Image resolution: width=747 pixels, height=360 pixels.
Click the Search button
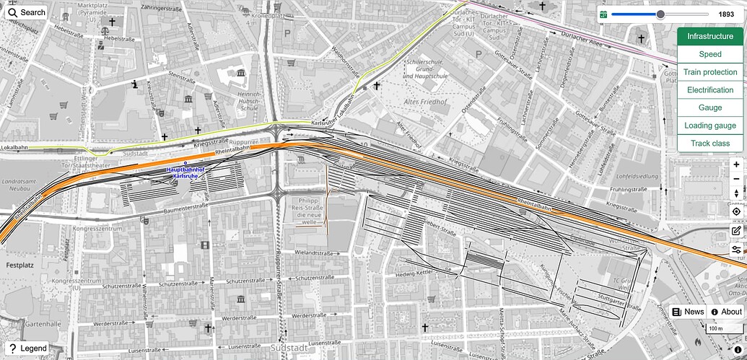(27, 12)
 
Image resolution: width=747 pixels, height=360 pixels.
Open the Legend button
(28, 348)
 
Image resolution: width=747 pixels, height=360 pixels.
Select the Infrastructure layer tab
(710, 36)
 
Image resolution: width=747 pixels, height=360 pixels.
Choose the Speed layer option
(710, 54)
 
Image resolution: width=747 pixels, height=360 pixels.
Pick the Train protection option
(710, 72)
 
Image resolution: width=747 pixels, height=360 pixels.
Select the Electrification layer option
(710, 90)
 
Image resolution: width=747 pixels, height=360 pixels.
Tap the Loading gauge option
(710, 126)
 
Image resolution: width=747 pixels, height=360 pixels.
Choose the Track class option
(710, 144)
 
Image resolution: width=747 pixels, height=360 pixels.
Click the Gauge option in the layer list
(710, 107)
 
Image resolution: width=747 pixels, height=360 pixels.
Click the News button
(688, 312)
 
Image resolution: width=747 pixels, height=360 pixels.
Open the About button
(726, 312)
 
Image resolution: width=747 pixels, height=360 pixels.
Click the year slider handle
(660, 14)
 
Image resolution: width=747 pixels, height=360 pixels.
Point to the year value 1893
(726, 14)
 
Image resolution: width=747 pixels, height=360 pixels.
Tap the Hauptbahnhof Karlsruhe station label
(186, 173)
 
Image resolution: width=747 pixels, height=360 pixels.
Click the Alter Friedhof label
(422, 102)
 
